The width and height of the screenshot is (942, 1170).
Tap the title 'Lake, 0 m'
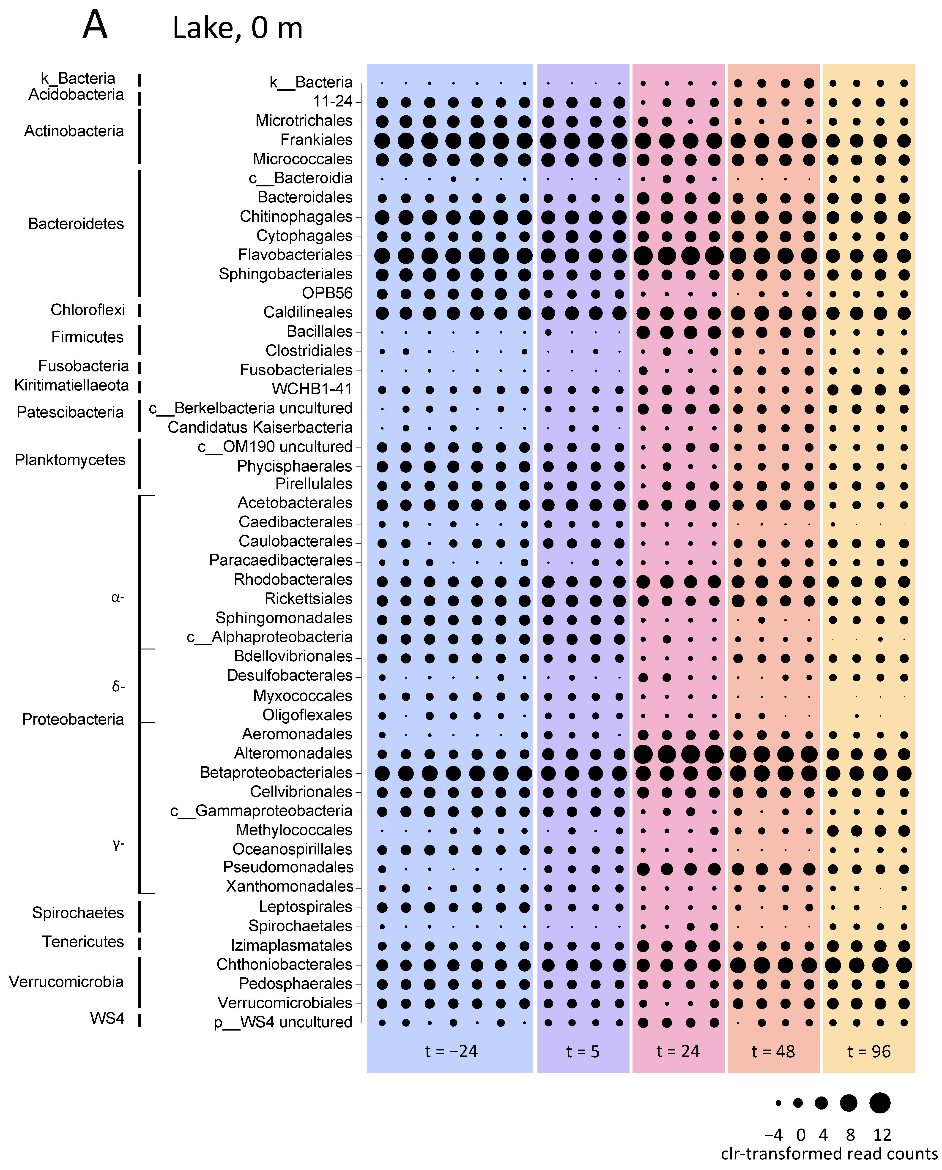(x=237, y=28)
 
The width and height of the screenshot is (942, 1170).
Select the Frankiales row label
(x=317, y=140)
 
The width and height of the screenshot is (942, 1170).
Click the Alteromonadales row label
(x=293, y=753)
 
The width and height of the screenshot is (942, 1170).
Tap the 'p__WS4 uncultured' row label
(x=283, y=1022)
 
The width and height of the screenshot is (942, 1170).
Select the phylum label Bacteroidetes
(x=76, y=224)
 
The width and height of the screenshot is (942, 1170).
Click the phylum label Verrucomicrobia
(x=66, y=982)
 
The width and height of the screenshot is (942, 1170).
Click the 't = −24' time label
(x=451, y=1051)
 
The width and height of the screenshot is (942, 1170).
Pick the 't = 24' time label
(x=678, y=1051)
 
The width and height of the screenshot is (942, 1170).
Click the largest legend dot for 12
(x=880, y=1103)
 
